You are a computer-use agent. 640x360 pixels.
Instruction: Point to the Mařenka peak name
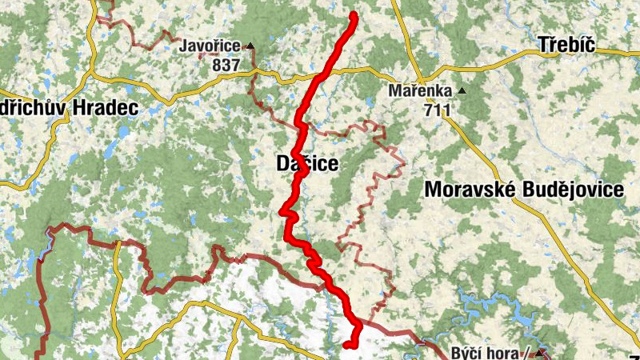tap(419, 91)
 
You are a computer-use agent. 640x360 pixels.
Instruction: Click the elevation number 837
tap(226, 64)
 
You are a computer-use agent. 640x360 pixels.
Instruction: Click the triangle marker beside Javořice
tap(250, 46)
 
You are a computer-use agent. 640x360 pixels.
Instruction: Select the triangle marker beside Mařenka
tap(462, 91)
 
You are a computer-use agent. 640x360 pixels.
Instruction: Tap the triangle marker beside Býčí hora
tap(542, 352)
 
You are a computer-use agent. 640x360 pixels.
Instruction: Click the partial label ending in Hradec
tap(69, 107)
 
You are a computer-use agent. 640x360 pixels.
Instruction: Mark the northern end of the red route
tap(354, 16)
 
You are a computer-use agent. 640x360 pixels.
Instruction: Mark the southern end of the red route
tap(346, 345)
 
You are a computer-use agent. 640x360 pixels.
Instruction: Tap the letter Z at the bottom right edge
tap(634, 356)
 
